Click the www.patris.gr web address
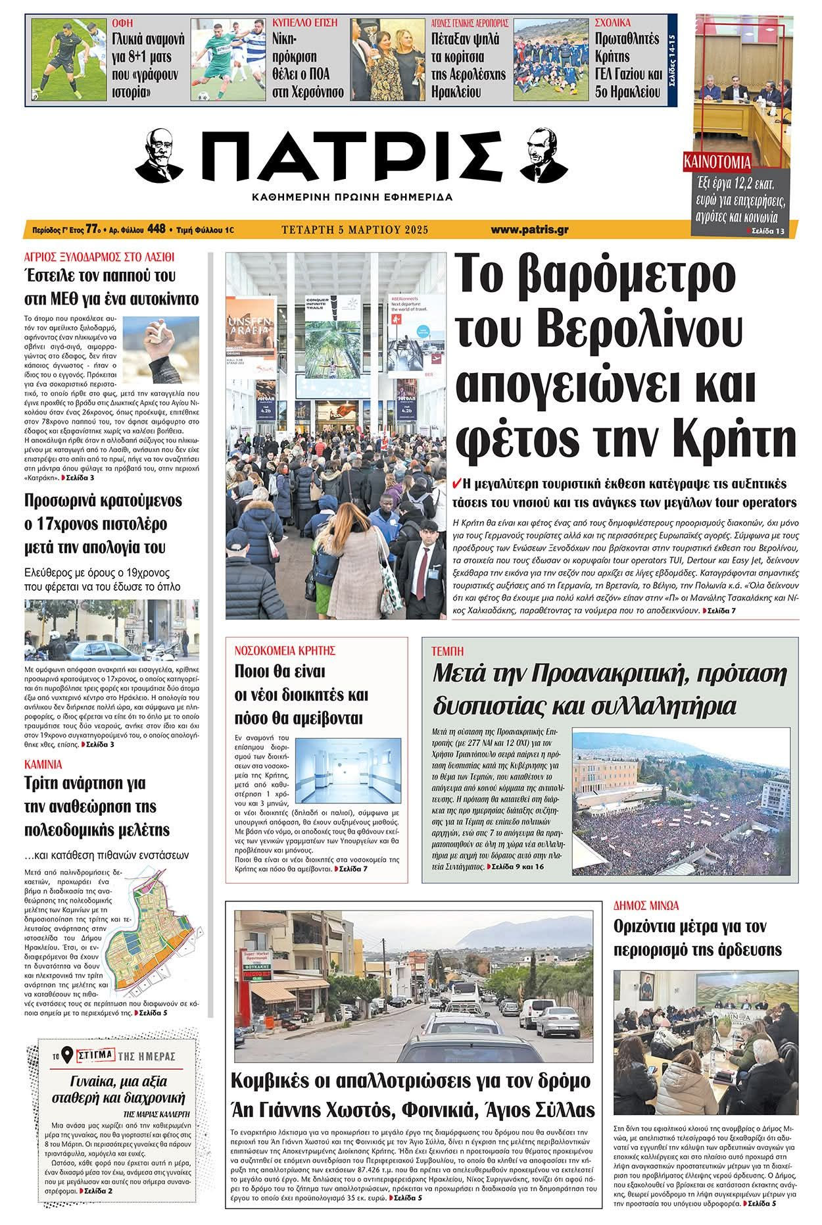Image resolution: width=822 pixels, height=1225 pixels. click(x=529, y=230)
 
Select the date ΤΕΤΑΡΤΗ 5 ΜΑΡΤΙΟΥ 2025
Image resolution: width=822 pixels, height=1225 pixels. click(x=354, y=230)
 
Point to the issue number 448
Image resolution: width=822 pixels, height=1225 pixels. click(x=157, y=230)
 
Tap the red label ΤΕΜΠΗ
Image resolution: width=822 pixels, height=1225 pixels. click(x=447, y=651)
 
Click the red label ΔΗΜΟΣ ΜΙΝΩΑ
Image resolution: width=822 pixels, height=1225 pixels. click(x=646, y=905)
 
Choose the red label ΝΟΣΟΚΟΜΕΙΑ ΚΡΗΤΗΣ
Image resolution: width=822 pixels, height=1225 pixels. click(x=285, y=651)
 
